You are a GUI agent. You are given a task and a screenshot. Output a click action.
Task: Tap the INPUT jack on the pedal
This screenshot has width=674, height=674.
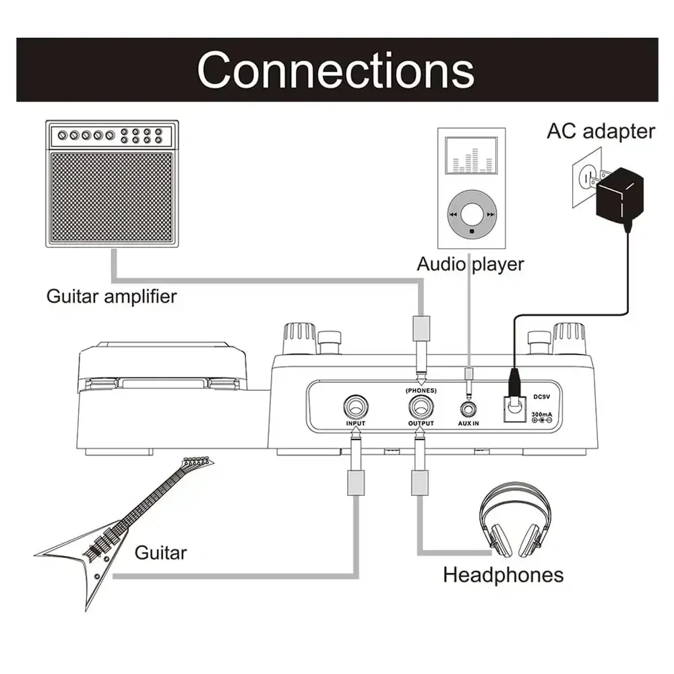(x=355, y=407)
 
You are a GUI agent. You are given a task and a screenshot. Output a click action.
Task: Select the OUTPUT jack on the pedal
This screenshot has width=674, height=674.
(x=421, y=407)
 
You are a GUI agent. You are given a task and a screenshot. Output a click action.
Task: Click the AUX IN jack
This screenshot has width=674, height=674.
(x=468, y=408)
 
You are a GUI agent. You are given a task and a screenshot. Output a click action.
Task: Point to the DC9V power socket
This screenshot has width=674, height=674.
(x=514, y=406)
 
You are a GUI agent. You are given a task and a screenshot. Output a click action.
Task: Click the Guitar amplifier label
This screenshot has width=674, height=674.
(x=111, y=296)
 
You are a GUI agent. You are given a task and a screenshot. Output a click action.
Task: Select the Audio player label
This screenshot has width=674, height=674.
(x=470, y=264)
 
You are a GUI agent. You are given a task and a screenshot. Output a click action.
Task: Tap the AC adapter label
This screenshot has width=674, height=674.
(x=600, y=131)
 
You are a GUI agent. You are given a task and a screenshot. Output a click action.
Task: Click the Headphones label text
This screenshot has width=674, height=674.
(x=503, y=574)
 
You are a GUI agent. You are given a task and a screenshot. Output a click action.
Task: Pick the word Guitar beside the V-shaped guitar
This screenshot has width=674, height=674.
(x=160, y=553)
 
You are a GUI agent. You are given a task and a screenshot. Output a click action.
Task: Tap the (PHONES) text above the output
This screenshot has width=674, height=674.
(x=421, y=390)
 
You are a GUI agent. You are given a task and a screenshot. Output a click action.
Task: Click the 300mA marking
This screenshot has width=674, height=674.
(x=543, y=412)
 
